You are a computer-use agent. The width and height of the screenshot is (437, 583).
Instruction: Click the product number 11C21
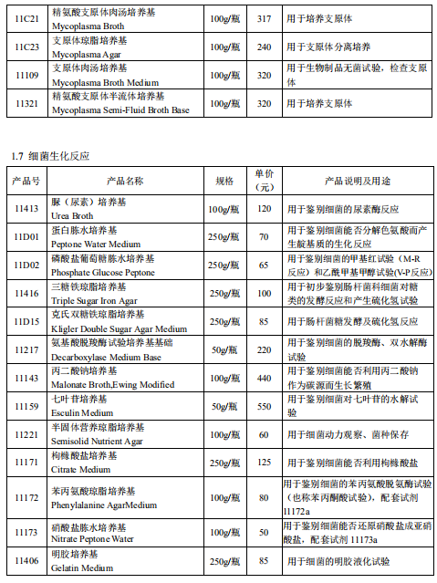(x=26, y=18)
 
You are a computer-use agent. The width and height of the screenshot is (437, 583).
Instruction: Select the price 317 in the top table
(x=265, y=18)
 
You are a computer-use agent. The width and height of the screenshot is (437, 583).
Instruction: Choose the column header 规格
(x=224, y=181)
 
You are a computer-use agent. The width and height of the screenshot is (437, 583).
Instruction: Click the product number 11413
(x=26, y=209)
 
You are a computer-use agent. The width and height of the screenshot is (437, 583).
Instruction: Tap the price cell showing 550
(x=265, y=407)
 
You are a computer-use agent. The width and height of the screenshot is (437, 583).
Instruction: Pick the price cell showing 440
(x=265, y=378)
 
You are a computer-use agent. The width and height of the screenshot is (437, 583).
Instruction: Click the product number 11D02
(x=26, y=265)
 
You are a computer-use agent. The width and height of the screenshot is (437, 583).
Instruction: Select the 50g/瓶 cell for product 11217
(x=224, y=349)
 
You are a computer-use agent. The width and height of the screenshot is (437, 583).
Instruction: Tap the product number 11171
(x=26, y=463)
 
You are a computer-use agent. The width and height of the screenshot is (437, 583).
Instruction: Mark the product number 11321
(x=26, y=104)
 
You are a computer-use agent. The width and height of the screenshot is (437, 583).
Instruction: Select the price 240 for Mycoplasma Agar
(x=265, y=47)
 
